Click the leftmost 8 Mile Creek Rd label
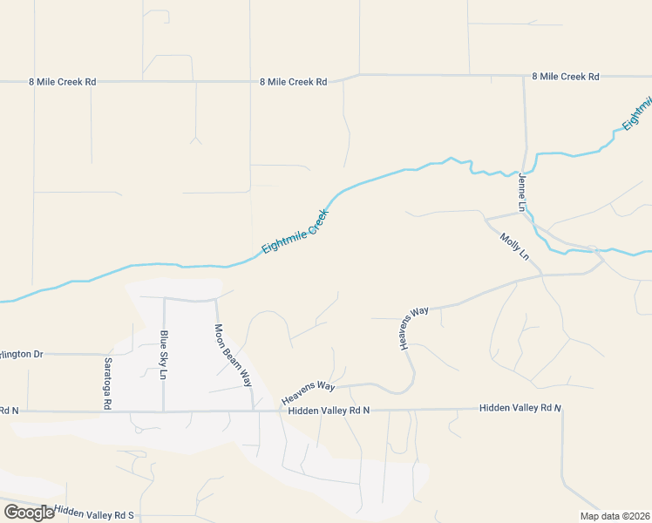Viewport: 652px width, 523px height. (60, 81)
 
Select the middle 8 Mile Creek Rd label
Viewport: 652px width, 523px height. (293, 82)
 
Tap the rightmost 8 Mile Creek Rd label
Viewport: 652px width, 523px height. (565, 77)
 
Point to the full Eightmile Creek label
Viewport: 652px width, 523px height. (295, 232)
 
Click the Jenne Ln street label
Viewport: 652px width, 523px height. (523, 193)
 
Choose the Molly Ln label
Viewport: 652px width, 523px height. (514, 246)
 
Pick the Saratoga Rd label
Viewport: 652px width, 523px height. (108, 383)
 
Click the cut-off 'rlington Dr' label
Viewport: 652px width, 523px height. (21, 354)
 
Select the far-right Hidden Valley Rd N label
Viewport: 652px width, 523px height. (520, 408)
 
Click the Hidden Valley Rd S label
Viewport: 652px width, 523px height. (94, 513)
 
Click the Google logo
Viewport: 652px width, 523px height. (29, 513)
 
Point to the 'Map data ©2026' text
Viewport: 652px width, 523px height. (615, 516)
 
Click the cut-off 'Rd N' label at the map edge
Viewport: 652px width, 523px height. (9, 410)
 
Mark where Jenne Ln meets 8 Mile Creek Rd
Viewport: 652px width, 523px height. (524, 77)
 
